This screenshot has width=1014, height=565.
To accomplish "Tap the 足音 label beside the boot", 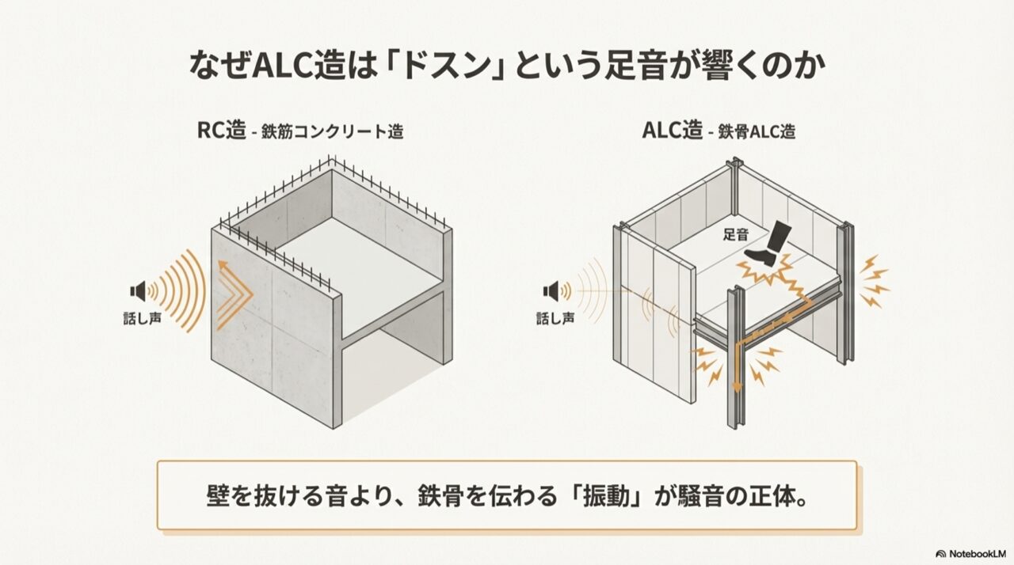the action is [736, 234].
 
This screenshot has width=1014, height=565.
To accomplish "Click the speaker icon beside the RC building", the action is [139, 290].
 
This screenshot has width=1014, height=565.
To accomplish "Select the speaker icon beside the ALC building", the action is [551, 291].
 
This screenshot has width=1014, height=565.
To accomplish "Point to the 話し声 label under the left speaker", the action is [142, 318].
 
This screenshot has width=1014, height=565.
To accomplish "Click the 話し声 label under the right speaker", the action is [555, 318].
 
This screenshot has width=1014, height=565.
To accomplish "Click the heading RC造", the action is [222, 131].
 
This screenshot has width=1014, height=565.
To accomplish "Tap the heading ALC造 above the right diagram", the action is [673, 131].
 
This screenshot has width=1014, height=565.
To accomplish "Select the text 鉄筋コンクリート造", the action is [333, 132].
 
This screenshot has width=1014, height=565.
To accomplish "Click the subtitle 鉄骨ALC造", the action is [757, 132].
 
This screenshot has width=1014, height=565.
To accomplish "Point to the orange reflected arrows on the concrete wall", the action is [234, 294].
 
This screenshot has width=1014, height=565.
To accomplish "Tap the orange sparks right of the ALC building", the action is [875, 282].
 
